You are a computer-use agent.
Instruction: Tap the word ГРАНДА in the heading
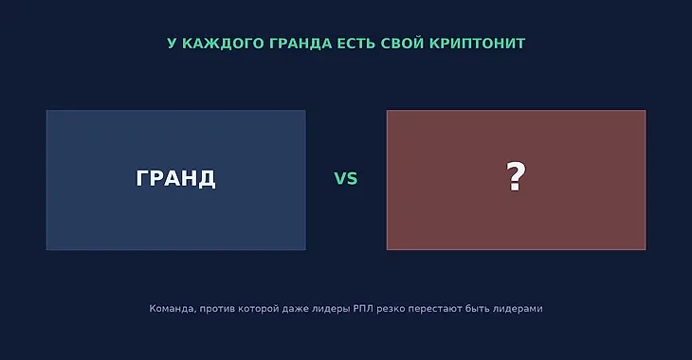pos(300,44)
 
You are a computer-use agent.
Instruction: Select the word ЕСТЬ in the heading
pos(356,44)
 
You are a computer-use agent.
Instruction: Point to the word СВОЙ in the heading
pos(403,43)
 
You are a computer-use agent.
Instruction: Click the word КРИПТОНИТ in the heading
pos(477,44)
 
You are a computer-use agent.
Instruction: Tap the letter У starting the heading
pos(173,44)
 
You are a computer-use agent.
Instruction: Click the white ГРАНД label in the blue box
pos(175,178)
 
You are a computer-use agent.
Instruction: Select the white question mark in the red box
pos(516,176)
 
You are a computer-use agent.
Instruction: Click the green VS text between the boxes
pos(346,179)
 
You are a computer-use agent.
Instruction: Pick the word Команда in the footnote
pos(173,309)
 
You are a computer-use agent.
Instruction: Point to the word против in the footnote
pos(217,309)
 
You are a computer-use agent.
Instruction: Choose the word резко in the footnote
pos(391,309)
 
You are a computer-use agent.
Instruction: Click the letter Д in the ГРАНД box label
pos(207,179)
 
